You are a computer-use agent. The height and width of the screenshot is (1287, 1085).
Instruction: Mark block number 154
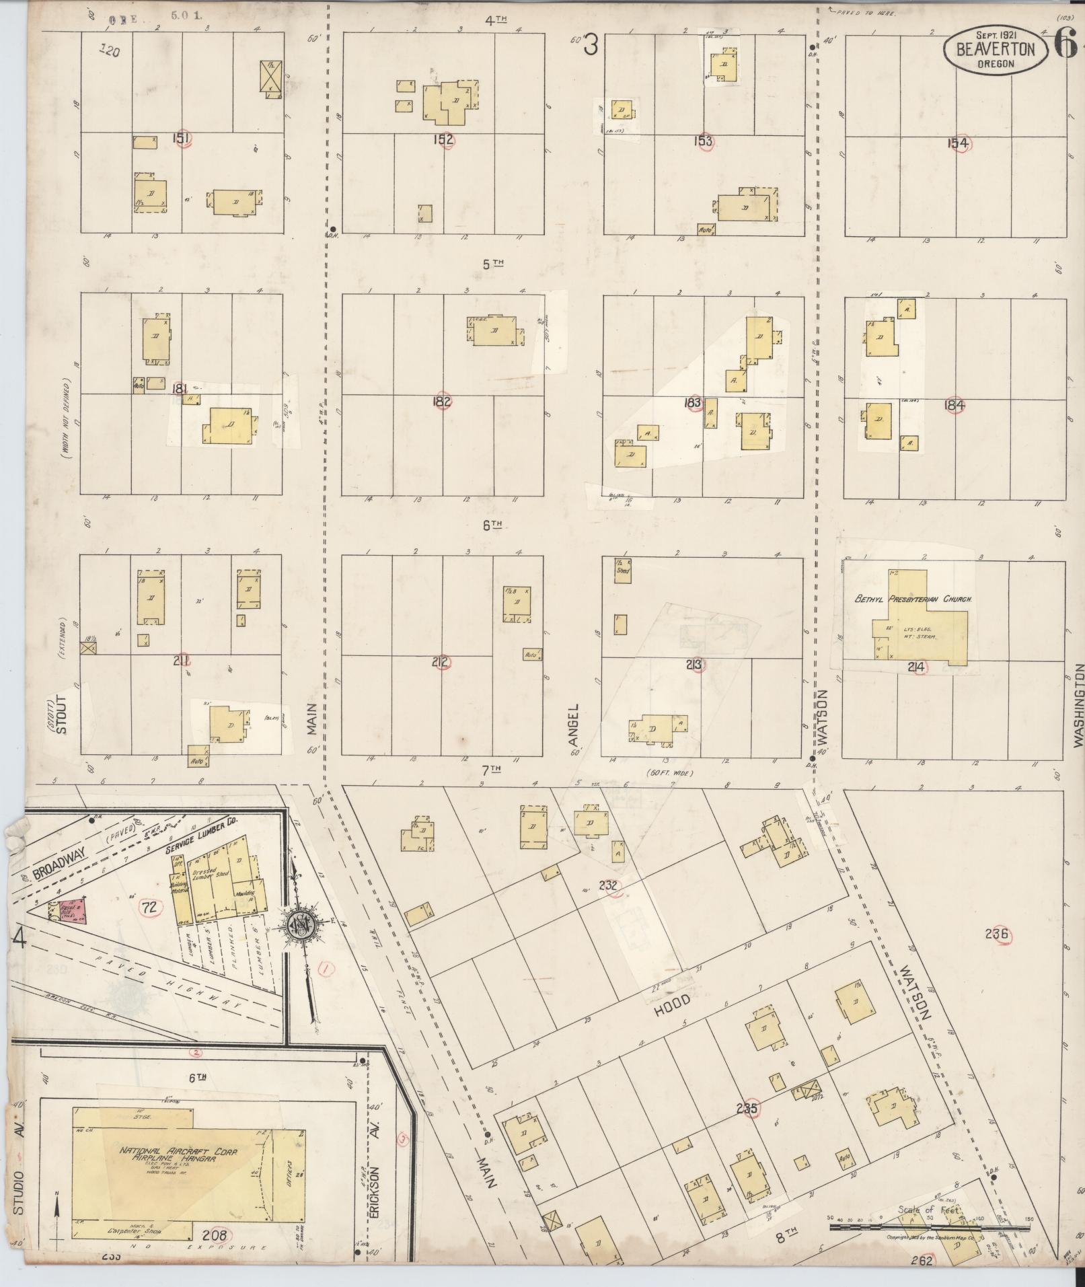(x=957, y=143)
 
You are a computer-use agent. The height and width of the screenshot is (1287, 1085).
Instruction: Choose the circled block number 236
(x=997, y=934)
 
